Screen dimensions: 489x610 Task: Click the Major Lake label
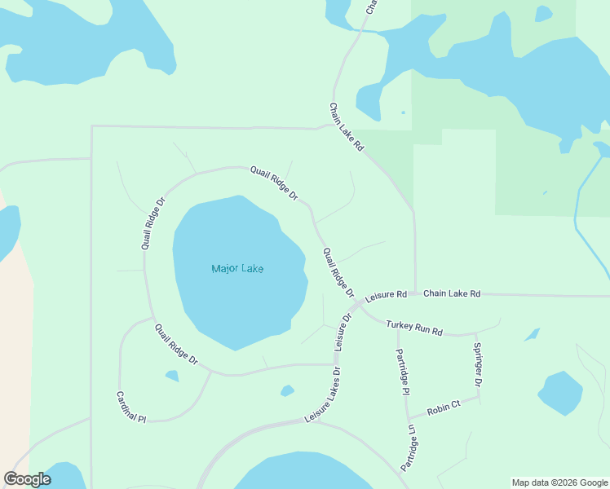pos(237,269)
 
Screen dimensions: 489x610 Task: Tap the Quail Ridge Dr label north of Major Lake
pos(274,183)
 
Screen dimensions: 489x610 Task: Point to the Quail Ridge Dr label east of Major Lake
pos(338,273)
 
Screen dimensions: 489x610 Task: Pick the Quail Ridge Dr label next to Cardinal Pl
pos(176,344)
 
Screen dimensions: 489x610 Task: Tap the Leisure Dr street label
pos(343,333)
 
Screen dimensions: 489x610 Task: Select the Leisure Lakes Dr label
pos(323,394)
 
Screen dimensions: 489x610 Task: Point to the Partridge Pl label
pos(401,372)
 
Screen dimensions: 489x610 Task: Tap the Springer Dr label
pos(478,364)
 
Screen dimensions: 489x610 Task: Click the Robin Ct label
pos(444,405)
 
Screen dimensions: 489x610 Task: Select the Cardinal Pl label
pos(130,407)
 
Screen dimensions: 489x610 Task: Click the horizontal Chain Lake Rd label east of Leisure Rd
pos(452,293)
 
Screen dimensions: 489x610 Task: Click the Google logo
pos(27,479)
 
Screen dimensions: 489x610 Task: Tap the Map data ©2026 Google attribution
pos(559,482)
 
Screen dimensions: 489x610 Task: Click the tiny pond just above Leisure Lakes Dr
pos(287,391)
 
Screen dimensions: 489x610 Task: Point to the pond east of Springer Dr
pos(560,393)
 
